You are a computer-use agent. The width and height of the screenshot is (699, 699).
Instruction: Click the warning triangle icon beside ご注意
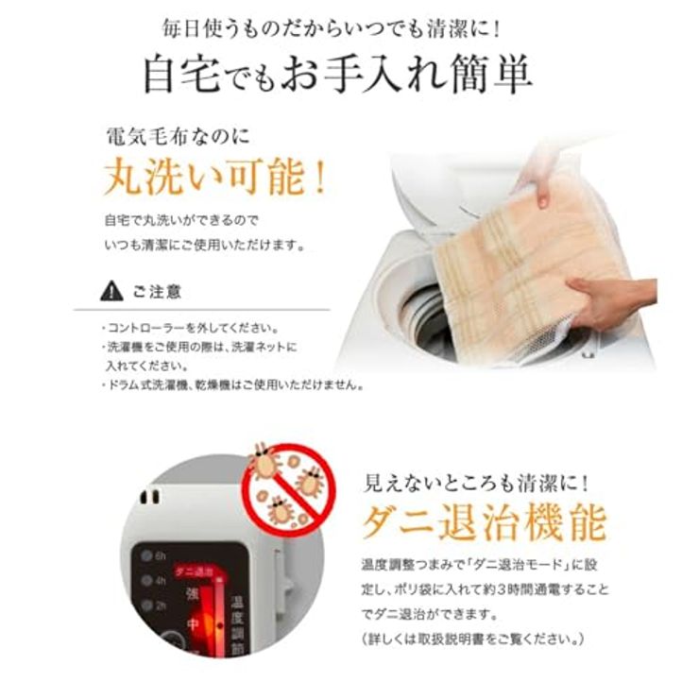click(x=112, y=292)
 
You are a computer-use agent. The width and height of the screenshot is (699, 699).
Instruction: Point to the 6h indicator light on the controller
click(x=148, y=555)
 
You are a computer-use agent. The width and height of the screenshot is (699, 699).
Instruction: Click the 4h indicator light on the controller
click(x=148, y=580)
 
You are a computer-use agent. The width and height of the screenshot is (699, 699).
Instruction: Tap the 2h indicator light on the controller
click(x=148, y=605)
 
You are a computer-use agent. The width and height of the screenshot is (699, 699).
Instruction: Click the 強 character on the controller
click(x=193, y=596)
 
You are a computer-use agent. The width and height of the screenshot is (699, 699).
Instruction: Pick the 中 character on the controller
click(x=193, y=624)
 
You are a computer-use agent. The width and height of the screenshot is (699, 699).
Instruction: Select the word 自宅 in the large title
click(x=179, y=75)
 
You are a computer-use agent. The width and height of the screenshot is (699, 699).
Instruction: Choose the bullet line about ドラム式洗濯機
click(x=232, y=384)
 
